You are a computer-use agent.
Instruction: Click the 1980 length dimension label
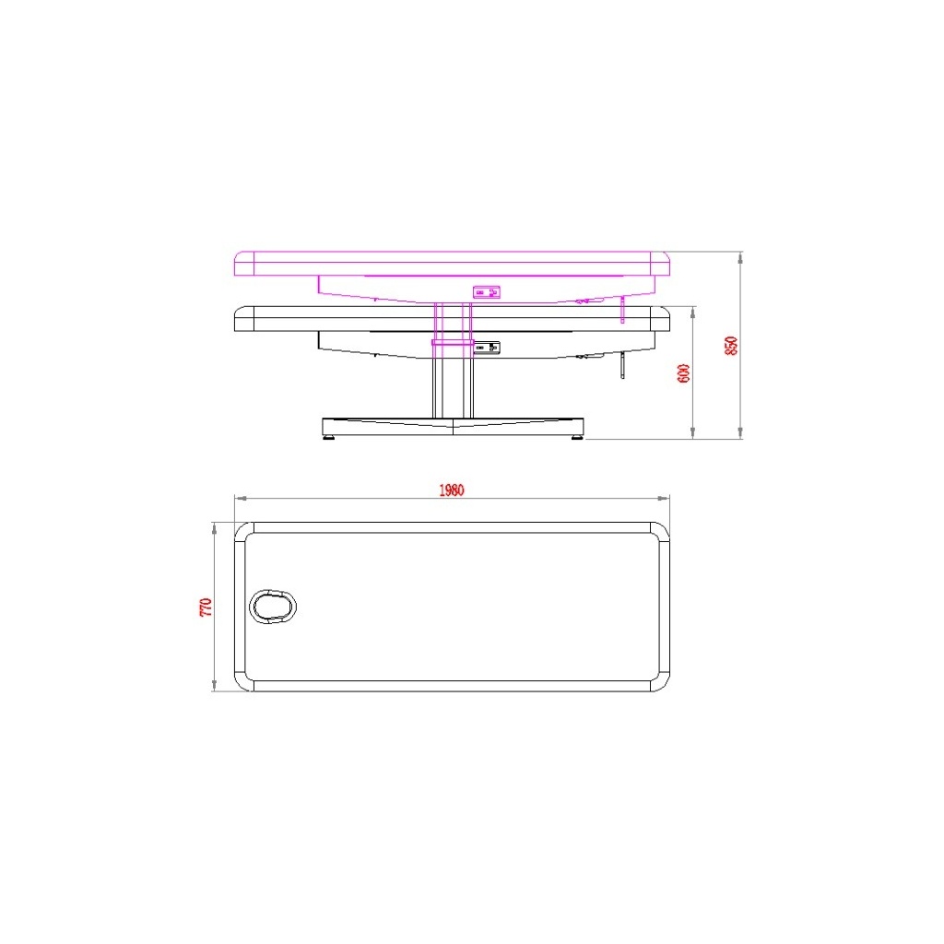(x=451, y=490)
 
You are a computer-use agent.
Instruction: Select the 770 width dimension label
(x=206, y=607)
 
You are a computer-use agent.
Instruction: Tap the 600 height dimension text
(x=684, y=373)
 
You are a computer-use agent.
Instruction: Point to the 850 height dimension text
(x=731, y=346)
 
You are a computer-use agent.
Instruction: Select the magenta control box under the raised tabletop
(x=487, y=292)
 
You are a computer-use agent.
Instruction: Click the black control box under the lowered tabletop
(x=487, y=348)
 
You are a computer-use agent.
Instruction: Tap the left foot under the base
(x=329, y=437)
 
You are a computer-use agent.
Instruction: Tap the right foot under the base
(x=577, y=437)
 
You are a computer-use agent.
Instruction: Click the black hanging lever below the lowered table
(x=623, y=366)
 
